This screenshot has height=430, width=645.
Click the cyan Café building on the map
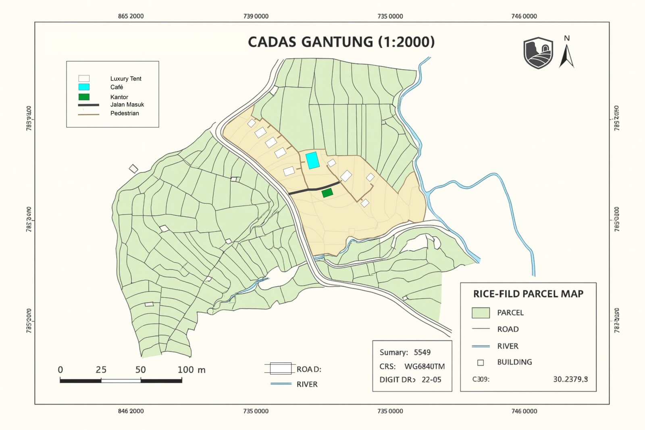point(312,160)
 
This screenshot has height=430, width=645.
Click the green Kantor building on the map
point(327,193)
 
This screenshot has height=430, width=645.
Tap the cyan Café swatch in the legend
point(84,87)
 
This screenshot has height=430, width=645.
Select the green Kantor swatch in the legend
point(84,97)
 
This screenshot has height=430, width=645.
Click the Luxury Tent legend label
point(126,79)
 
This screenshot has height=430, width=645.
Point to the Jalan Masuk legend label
point(127,104)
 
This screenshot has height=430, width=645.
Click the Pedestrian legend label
point(125,113)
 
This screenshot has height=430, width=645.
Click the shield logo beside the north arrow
point(538,53)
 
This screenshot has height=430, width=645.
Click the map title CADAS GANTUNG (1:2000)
point(341,42)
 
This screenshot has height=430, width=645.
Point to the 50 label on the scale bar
point(141,370)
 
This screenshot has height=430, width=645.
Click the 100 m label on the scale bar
point(191,370)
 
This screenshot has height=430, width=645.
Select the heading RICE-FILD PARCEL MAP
point(528,294)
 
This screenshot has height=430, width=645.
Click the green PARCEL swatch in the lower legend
point(481,313)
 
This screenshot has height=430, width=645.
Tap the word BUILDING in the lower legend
point(514,362)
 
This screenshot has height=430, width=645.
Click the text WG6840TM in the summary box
point(424,366)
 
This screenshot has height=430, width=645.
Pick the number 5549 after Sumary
point(422,352)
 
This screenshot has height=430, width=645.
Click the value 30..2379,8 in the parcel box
point(570,379)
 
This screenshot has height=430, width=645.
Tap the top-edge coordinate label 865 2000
point(131,16)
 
